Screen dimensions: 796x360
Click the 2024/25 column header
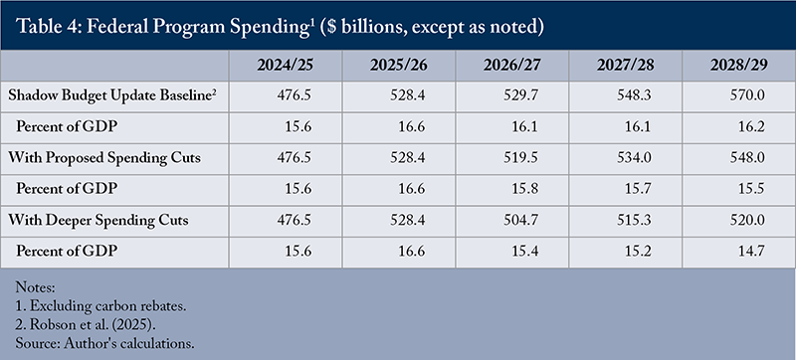(x=286, y=66)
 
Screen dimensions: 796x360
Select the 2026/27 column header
(x=512, y=66)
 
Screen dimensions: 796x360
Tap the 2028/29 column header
(x=739, y=66)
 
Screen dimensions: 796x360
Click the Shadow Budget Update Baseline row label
(x=112, y=95)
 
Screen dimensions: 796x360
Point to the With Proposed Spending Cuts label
(x=104, y=158)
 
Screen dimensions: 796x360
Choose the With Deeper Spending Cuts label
(x=99, y=220)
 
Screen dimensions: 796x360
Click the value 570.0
(x=749, y=95)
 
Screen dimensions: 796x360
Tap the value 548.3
(x=636, y=95)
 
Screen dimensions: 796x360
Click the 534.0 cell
(x=636, y=158)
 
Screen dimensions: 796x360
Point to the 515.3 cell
(x=636, y=220)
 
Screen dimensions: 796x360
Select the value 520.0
(x=749, y=220)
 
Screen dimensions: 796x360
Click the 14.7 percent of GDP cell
(x=752, y=252)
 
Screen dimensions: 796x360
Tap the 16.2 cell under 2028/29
(x=752, y=126)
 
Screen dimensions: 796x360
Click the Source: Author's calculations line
(x=105, y=343)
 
